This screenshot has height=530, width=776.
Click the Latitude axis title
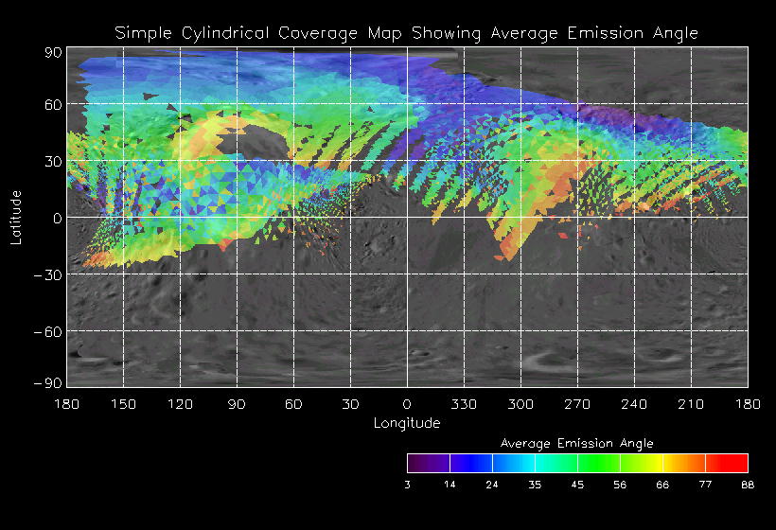pos(16,218)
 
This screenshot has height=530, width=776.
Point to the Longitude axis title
pos(407,423)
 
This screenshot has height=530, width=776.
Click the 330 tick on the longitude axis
pos(464,404)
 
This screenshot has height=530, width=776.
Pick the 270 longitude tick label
pos(577,404)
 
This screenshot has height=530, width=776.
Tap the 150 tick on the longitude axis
pos(123,404)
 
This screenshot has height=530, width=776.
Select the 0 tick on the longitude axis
pos(407,404)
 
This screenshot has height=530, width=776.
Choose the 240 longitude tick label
pos(634,404)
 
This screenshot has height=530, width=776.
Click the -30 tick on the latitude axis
pos(46,275)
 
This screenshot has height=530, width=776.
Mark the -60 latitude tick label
pos(46,332)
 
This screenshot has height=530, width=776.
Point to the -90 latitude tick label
pos(46,382)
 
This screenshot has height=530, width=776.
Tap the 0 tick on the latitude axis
pos(57,219)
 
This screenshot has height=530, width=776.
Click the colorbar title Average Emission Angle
pos(576,443)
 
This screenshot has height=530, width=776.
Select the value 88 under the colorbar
pos(748,485)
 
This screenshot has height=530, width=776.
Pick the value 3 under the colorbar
pos(408,485)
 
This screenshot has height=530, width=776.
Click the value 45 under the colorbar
pos(577,485)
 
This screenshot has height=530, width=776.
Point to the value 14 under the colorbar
pos(450,485)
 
